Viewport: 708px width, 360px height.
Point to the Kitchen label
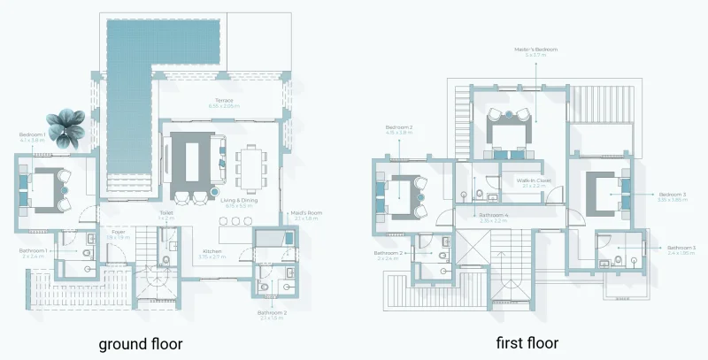tap(212, 252)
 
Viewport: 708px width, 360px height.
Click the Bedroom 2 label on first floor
tap(399, 129)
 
